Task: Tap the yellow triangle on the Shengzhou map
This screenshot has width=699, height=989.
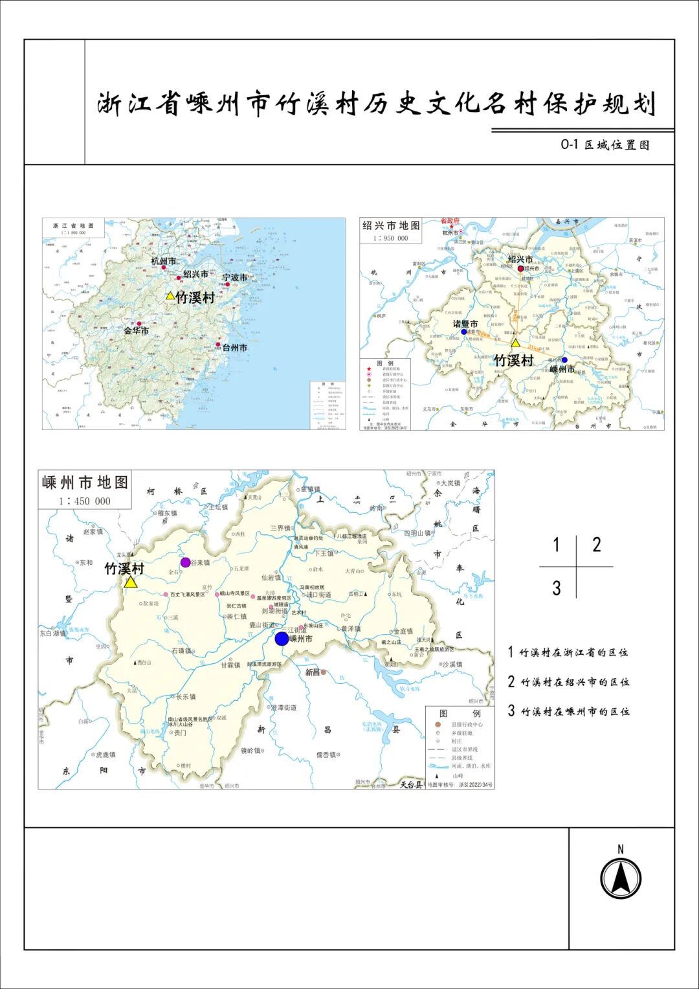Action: (131, 582)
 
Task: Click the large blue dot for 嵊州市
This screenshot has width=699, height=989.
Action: (282, 639)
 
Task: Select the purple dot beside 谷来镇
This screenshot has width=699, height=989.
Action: (186, 562)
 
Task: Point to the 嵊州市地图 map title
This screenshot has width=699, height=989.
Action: (85, 483)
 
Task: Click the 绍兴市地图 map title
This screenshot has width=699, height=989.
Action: (391, 225)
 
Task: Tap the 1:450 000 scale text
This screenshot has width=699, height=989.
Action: (85, 501)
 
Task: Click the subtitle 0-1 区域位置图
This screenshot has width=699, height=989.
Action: (605, 145)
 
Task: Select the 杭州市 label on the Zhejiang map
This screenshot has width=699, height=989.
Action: (163, 261)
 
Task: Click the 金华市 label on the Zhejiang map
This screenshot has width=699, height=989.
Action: (136, 330)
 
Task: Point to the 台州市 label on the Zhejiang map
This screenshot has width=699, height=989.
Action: (234, 348)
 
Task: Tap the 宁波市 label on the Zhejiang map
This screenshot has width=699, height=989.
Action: (234, 277)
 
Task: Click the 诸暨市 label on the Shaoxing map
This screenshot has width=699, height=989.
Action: (465, 324)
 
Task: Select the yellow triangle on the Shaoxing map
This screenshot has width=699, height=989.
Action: (515, 343)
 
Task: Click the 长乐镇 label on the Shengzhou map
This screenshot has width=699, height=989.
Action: (186, 697)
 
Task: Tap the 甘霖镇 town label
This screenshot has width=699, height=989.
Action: (230, 665)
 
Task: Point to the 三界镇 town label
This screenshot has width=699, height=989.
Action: (280, 528)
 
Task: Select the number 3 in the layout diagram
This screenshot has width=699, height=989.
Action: (557, 588)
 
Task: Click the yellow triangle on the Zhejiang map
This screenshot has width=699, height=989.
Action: (170, 296)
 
